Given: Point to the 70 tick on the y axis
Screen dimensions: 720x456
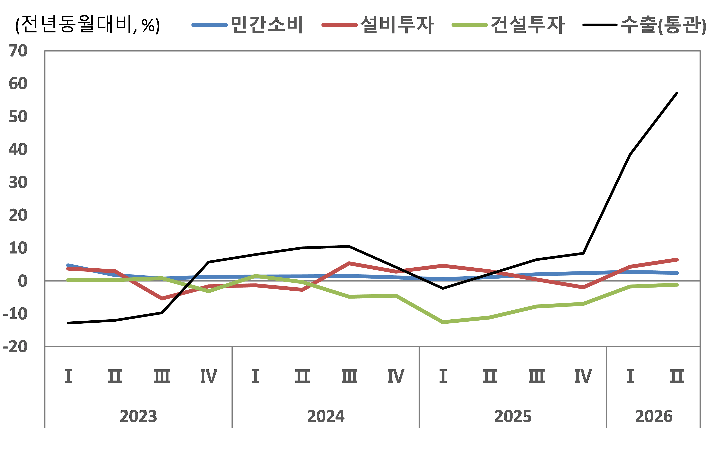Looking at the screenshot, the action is (18, 51).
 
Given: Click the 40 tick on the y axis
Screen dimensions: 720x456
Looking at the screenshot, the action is (18, 149).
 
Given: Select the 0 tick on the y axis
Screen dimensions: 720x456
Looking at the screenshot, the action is (22, 281).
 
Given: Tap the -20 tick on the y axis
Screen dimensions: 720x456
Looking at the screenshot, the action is (15, 347).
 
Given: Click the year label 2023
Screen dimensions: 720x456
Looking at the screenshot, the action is (138, 416).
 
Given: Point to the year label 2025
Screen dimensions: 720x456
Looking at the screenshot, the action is (513, 416).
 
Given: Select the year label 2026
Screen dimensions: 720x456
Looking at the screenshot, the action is (654, 416).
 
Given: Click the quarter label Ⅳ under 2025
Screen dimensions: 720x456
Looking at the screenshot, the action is (583, 376).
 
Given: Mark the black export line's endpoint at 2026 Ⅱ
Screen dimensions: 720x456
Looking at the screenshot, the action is (677, 93).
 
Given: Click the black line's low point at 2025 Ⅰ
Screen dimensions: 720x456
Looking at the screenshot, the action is (443, 288).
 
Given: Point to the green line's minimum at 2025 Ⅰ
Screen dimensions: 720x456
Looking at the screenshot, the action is (443, 322).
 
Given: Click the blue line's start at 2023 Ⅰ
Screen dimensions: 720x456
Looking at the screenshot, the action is (68, 265).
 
